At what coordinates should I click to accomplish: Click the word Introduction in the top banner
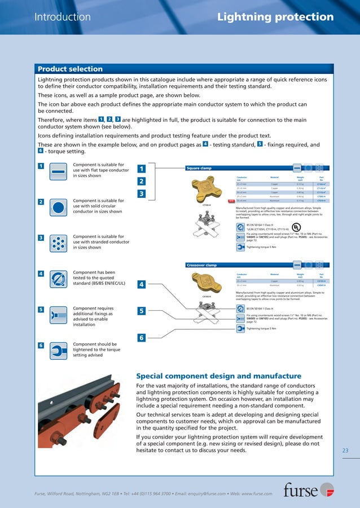coord(63,17)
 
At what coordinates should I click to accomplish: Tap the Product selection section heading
coord(70,69)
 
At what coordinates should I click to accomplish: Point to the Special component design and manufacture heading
coord(219,376)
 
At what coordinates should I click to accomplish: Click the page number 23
coord(346,450)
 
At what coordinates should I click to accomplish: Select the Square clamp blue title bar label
coord(200,167)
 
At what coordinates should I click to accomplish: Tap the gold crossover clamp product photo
coord(207,284)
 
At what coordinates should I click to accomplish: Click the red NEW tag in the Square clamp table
coord(230,200)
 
